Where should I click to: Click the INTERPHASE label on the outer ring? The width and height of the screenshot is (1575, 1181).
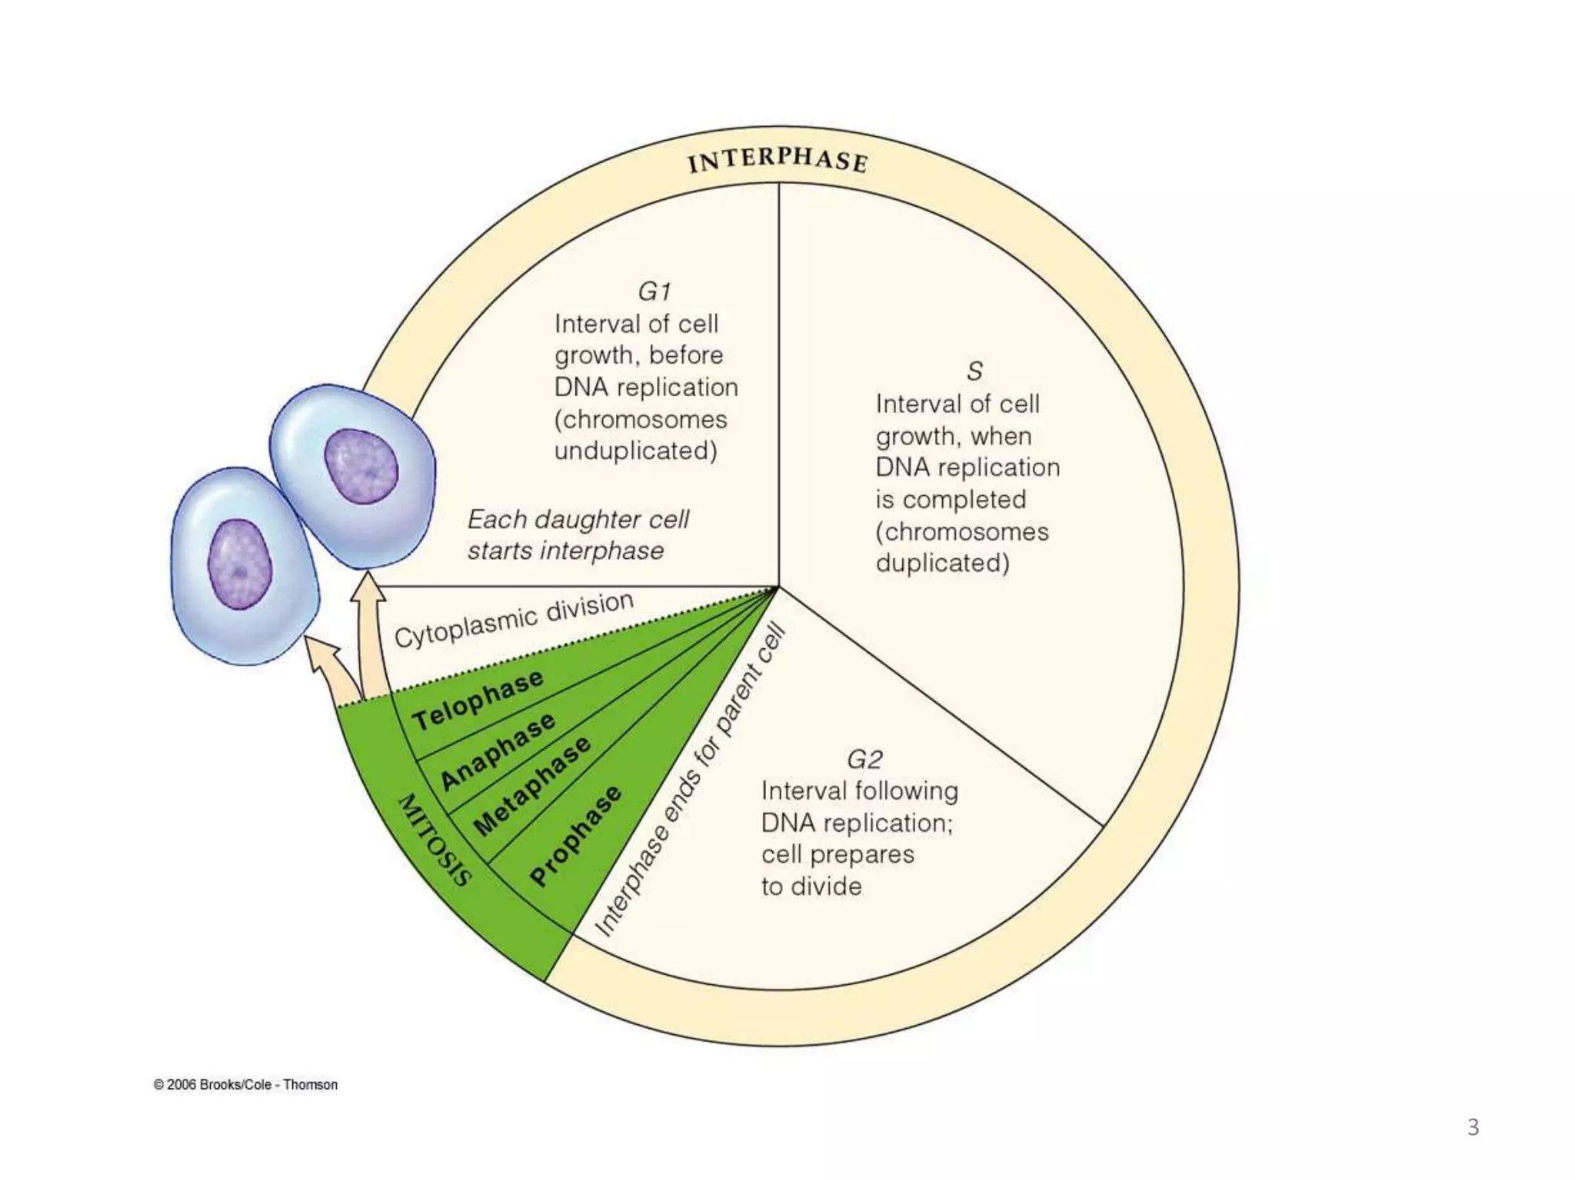[x=778, y=160]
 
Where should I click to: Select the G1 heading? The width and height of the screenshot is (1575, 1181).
[x=654, y=292]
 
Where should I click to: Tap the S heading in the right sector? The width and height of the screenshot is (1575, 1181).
[x=974, y=372]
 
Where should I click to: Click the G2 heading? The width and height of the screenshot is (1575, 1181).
[x=864, y=760]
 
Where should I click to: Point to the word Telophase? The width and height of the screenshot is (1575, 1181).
[x=478, y=700]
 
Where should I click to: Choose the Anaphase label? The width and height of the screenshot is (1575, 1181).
[x=497, y=750]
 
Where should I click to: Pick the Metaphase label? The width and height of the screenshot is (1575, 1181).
[x=532, y=786]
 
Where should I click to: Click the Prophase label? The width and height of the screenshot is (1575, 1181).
[x=575, y=836]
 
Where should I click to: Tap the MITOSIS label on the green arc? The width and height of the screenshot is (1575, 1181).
[x=433, y=840]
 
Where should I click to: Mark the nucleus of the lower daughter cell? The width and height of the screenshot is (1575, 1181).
[x=240, y=564]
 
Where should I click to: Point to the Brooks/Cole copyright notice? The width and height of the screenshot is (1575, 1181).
[x=245, y=1084]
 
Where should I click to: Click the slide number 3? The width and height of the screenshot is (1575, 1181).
[x=1473, y=1127]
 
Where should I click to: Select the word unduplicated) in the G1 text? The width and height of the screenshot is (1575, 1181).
[x=635, y=451]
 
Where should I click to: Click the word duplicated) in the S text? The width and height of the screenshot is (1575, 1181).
[x=942, y=563]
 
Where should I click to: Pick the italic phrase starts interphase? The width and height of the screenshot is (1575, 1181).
[x=565, y=551]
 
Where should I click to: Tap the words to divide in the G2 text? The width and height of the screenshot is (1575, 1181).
[x=811, y=887]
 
